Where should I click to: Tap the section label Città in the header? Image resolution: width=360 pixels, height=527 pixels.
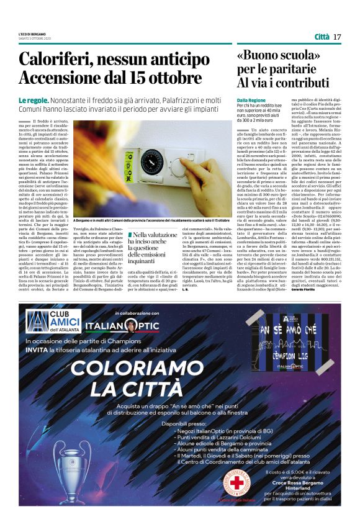click(x=322, y=37)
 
